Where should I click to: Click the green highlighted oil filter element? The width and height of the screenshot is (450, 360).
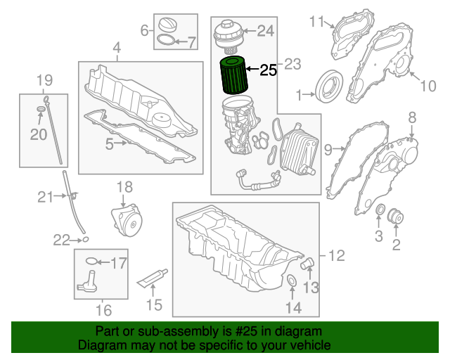(235, 78)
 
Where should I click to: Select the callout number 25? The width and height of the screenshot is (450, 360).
(269, 70)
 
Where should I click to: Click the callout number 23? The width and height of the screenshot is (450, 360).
(292, 65)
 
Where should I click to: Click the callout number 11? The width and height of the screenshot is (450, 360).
(316, 21)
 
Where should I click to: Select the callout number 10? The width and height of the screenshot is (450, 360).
(428, 86)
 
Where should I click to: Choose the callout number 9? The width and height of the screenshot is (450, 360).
(328, 148)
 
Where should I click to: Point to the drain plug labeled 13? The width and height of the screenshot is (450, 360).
(307, 266)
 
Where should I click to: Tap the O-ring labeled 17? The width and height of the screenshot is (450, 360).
(91, 263)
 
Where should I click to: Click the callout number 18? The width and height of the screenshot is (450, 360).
(124, 186)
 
